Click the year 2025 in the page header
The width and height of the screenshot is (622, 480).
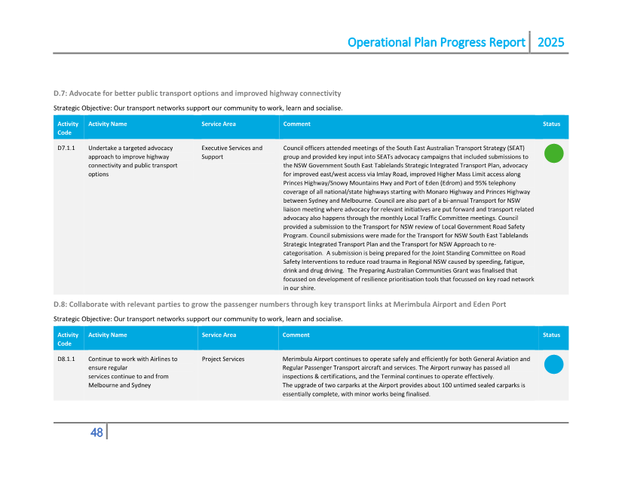click(x=550, y=42)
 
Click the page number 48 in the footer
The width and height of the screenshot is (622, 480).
click(x=97, y=433)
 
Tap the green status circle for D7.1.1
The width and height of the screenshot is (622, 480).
click(x=553, y=153)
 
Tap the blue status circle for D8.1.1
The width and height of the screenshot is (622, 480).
click(x=553, y=364)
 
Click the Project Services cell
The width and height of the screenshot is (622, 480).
click(x=223, y=359)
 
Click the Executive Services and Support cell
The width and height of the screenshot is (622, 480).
click(x=232, y=152)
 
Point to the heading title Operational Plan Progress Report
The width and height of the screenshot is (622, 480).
click(x=436, y=42)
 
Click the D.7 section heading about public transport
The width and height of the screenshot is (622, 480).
click(x=197, y=93)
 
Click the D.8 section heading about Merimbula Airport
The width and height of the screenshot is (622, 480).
click(x=279, y=304)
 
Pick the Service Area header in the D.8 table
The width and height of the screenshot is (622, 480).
click(x=219, y=335)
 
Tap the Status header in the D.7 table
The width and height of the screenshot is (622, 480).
click(x=551, y=124)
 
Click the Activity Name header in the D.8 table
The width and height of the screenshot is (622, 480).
click(x=107, y=335)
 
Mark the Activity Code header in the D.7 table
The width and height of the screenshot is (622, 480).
click(x=68, y=128)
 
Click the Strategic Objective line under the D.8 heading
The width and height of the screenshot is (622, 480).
click(x=198, y=319)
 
